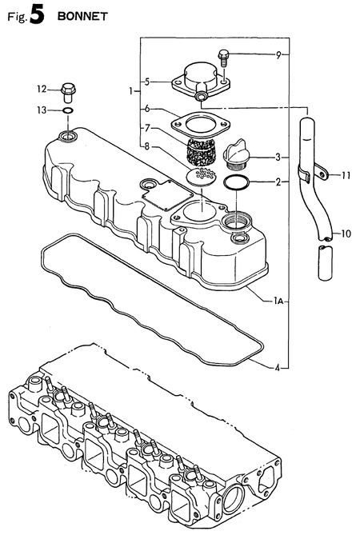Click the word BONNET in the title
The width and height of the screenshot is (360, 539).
82,15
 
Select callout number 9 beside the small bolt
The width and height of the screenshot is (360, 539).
278,55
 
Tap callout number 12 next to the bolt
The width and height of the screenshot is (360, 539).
42,88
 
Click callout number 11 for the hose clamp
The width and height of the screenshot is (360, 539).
346,175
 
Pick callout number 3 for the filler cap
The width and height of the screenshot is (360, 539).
278,157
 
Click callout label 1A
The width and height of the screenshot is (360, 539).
276,300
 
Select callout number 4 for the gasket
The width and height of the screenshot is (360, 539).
278,368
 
